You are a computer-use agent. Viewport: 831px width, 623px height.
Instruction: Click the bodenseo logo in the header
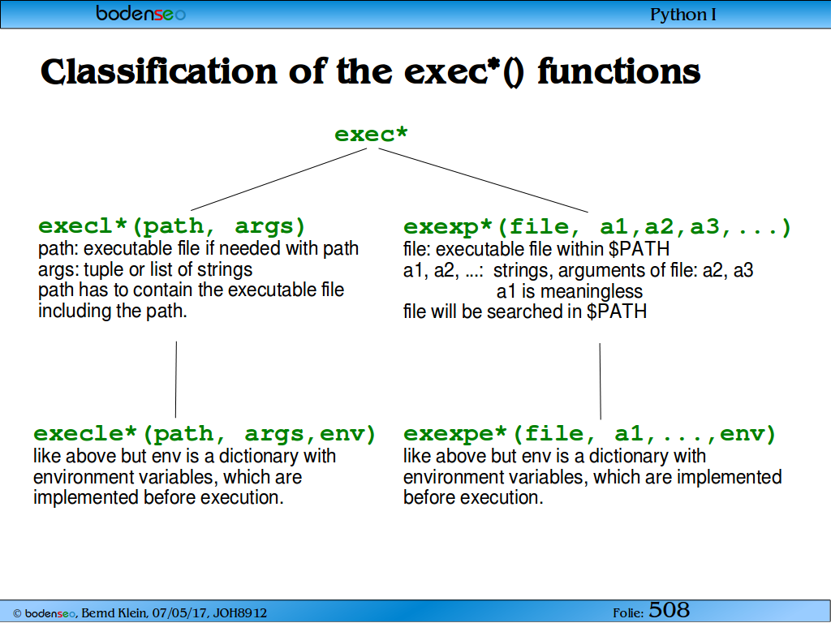click(x=141, y=13)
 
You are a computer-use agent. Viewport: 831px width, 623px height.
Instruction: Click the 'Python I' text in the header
click(x=682, y=15)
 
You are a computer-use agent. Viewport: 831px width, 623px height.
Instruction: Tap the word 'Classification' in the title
click(x=158, y=71)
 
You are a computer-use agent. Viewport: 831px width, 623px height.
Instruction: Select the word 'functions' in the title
click(x=618, y=71)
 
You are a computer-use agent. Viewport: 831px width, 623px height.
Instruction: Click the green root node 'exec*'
click(x=371, y=134)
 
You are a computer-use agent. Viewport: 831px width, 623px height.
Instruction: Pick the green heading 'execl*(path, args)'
click(x=172, y=226)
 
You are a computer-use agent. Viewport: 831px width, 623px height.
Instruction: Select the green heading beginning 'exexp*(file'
click(x=597, y=227)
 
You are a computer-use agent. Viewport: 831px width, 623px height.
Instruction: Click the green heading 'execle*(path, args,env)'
click(x=205, y=433)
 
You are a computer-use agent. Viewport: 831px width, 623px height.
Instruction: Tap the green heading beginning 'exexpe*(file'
click(x=590, y=433)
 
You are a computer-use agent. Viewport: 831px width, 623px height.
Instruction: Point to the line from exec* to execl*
click(x=279, y=179)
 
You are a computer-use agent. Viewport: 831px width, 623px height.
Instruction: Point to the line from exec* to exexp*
click(x=484, y=180)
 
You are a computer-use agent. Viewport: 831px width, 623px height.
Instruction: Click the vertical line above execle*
click(x=176, y=380)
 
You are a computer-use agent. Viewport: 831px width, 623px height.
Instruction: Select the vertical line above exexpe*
click(x=601, y=381)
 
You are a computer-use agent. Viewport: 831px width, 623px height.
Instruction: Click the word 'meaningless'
click(x=592, y=291)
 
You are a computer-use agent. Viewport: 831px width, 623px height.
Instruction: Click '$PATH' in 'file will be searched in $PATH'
click(x=617, y=311)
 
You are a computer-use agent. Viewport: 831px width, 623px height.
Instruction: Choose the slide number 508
click(x=669, y=610)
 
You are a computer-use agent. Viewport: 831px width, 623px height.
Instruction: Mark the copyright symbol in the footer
click(x=17, y=613)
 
